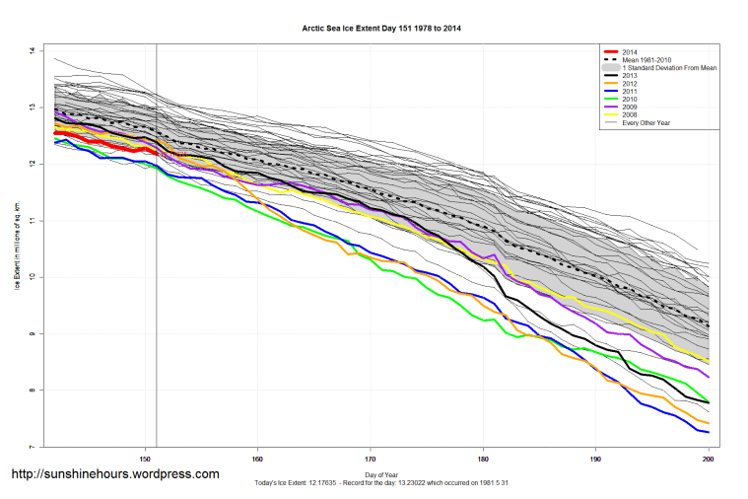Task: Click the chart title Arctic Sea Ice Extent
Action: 380,29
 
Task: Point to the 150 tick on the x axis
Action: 145,459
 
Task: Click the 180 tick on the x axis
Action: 483,459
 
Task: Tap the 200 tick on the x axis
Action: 709,459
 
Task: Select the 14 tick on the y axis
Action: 32,50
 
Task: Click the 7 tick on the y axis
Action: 32,448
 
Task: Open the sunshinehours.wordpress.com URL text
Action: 114,474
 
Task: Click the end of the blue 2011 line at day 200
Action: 709,432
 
